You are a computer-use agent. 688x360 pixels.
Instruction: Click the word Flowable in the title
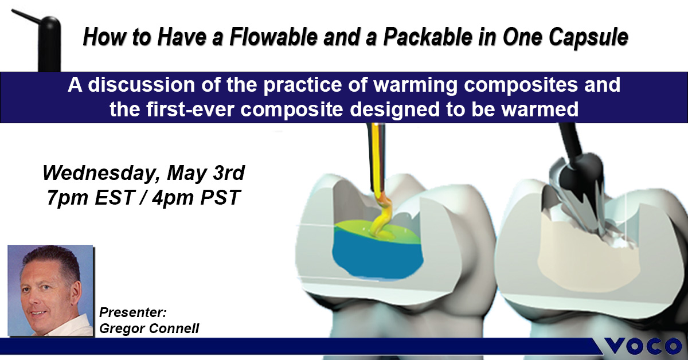point(273,37)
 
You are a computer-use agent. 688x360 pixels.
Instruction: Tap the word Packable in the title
point(428,37)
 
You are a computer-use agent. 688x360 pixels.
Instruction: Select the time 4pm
point(172,198)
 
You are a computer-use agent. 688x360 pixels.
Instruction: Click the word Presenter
point(132,312)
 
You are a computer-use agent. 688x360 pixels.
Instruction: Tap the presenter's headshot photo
point(50,290)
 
